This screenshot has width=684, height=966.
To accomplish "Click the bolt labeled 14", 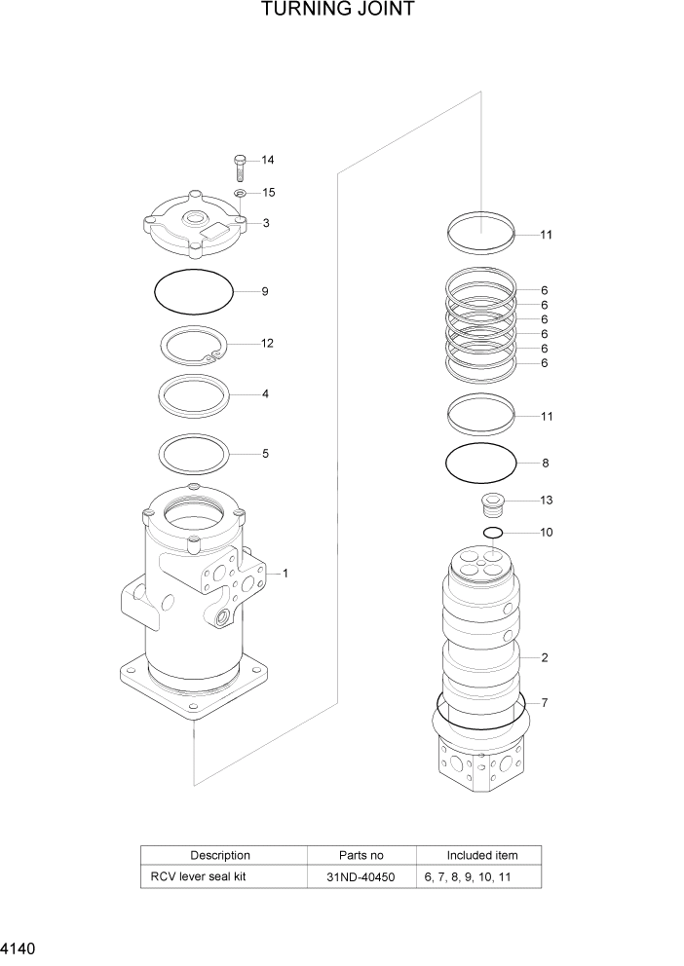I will point(240,167).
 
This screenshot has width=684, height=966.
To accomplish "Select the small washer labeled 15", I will point(240,194).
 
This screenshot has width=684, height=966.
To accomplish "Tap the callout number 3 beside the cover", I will point(266,223).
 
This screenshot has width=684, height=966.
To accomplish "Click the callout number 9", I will point(264,291).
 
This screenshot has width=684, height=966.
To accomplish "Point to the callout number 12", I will point(267,344).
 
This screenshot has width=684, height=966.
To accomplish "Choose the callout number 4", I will point(265,394).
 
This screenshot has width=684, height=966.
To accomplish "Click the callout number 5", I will point(265,454).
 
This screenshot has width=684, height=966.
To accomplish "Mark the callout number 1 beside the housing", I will point(285,574).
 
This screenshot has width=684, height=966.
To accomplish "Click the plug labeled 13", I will point(494,504).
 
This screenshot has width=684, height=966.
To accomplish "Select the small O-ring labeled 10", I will point(493,533).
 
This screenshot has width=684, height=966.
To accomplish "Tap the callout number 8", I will point(546,464).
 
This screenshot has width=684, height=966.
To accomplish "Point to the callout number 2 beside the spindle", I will point(545,657).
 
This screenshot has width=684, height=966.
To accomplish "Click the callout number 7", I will point(545,702).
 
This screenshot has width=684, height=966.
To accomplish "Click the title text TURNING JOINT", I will point(338,11).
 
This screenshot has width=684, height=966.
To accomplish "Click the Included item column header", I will point(481,855).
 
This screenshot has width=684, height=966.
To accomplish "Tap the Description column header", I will point(220,855).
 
